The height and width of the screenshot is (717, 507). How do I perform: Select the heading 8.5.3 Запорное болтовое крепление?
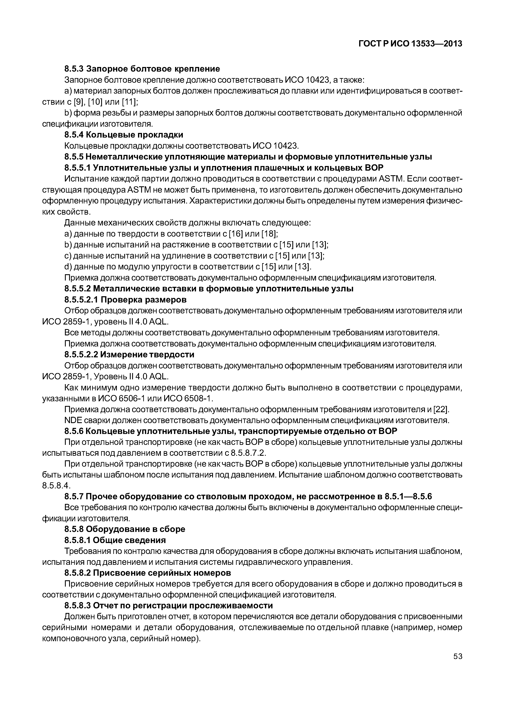click(x=142, y=69)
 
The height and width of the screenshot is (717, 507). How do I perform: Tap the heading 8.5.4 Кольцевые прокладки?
click(x=124, y=135)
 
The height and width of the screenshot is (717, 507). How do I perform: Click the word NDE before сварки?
click(x=72, y=420)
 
